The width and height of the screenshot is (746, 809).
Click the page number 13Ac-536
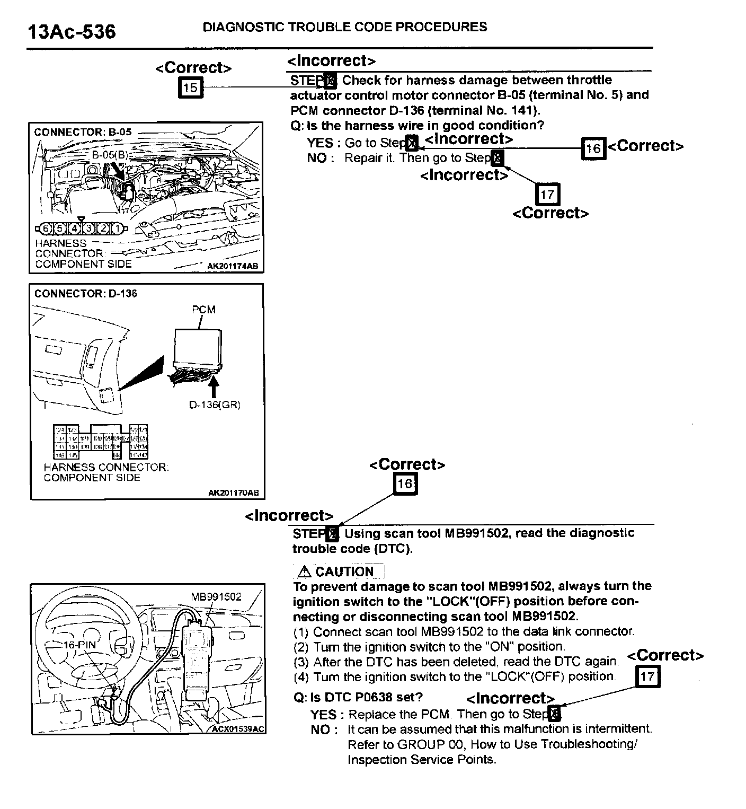pyautogui.click(x=71, y=32)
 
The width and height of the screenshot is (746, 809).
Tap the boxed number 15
pyautogui.click(x=190, y=87)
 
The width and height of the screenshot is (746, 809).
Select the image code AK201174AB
pyautogui.click(x=233, y=266)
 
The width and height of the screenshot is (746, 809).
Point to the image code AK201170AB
pyautogui.click(x=233, y=493)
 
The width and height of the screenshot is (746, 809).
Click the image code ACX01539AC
pyautogui.click(x=237, y=729)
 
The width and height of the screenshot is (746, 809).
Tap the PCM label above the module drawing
pyautogui.click(x=203, y=310)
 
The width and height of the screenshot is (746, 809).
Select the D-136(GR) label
pyautogui.click(x=215, y=405)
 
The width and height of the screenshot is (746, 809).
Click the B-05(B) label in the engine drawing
pyautogui.click(x=110, y=155)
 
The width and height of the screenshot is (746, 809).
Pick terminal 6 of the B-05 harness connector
pyautogui.click(x=46, y=229)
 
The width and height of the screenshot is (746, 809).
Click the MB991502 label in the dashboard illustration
pyautogui.click(x=216, y=596)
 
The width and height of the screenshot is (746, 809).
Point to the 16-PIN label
pyautogui.click(x=79, y=645)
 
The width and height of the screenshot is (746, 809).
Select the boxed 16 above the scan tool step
pyautogui.click(x=405, y=483)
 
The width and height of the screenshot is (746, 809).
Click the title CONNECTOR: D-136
pyautogui.click(x=85, y=294)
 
